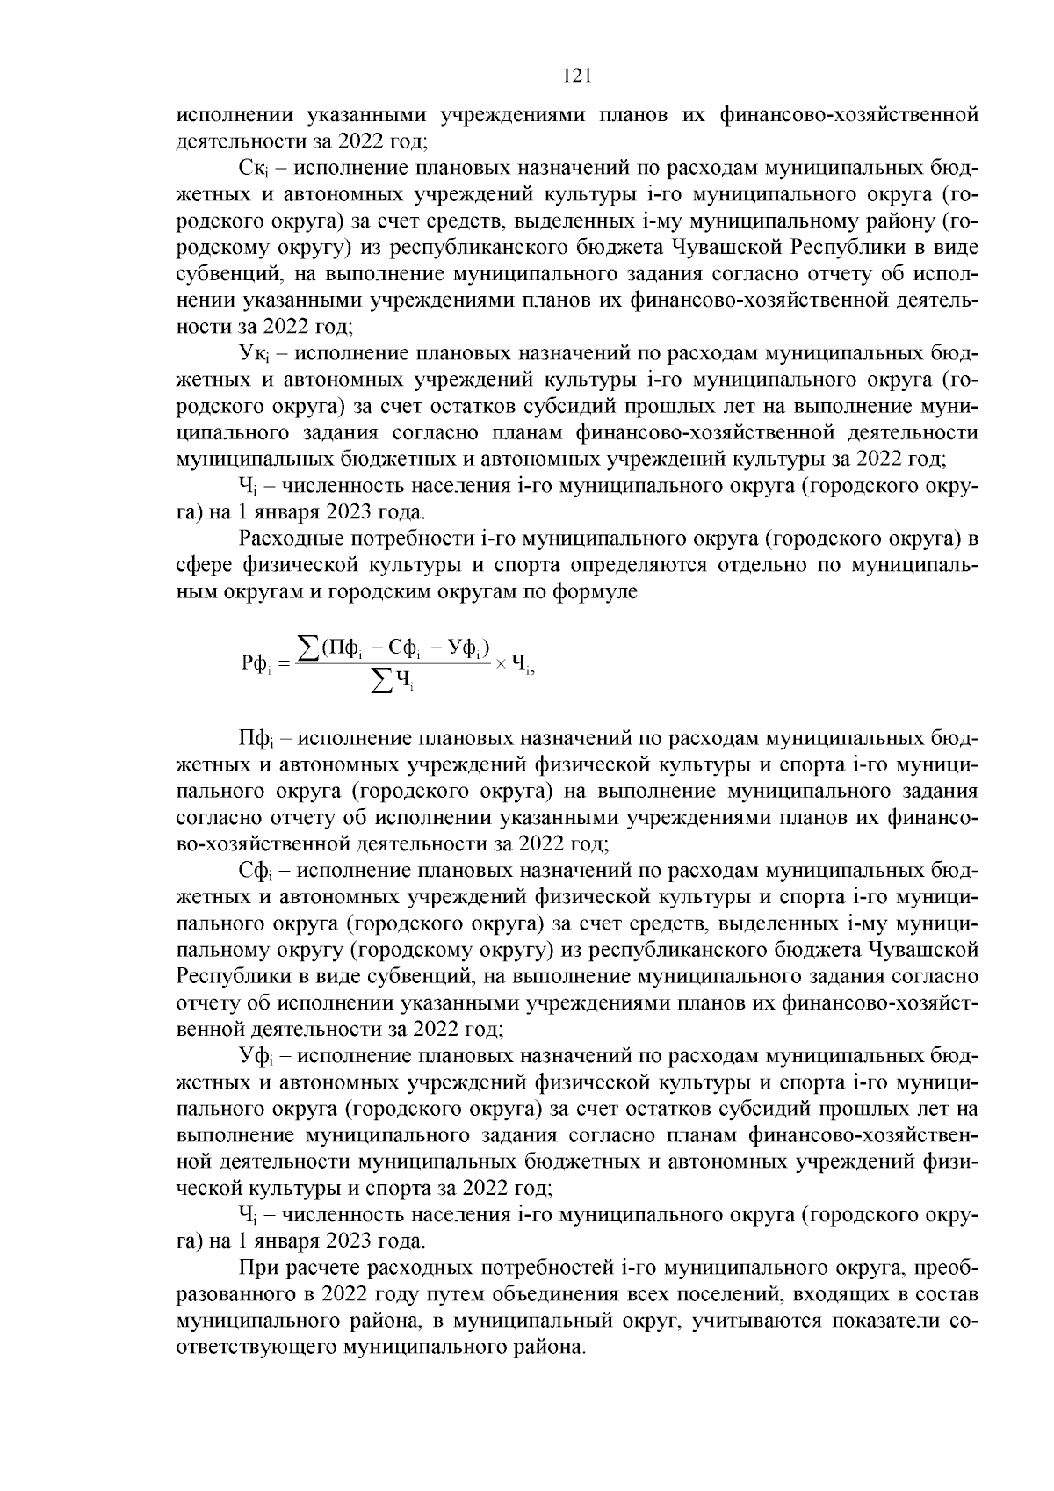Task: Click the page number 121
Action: [x=576, y=76]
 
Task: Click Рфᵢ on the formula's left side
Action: [x=256, y=663]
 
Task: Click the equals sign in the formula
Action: [x=283, y=663]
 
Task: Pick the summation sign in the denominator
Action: [x=381, y=680]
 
